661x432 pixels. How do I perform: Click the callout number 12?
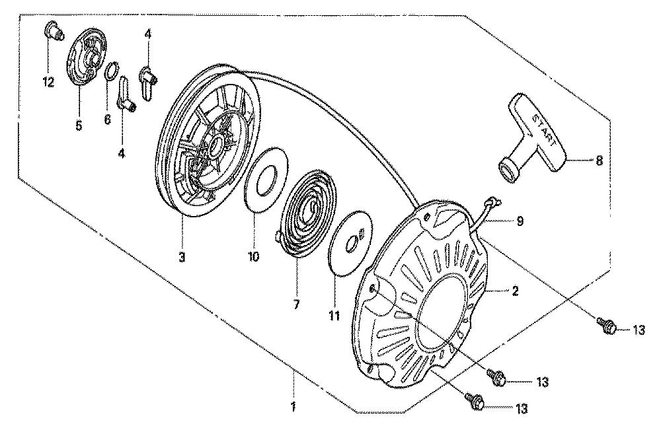click(x=49, y=82)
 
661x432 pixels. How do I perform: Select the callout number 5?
click(x=79, y=126)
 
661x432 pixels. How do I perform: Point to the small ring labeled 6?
click(x=111, y=71)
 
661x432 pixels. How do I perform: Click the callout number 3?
click(x=182, y=257)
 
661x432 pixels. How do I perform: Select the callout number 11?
click(x=334, y=316)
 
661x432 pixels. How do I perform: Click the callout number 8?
click(x=599, y=160)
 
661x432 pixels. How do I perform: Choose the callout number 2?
click(x=515, y=291)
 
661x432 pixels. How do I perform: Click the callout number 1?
click(x=293, y=407)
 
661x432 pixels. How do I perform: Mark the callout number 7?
click(x=296, y=305)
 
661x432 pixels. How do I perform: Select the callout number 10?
click(x=254, y=257)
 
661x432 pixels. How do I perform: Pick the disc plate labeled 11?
click(x=350, y=243)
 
